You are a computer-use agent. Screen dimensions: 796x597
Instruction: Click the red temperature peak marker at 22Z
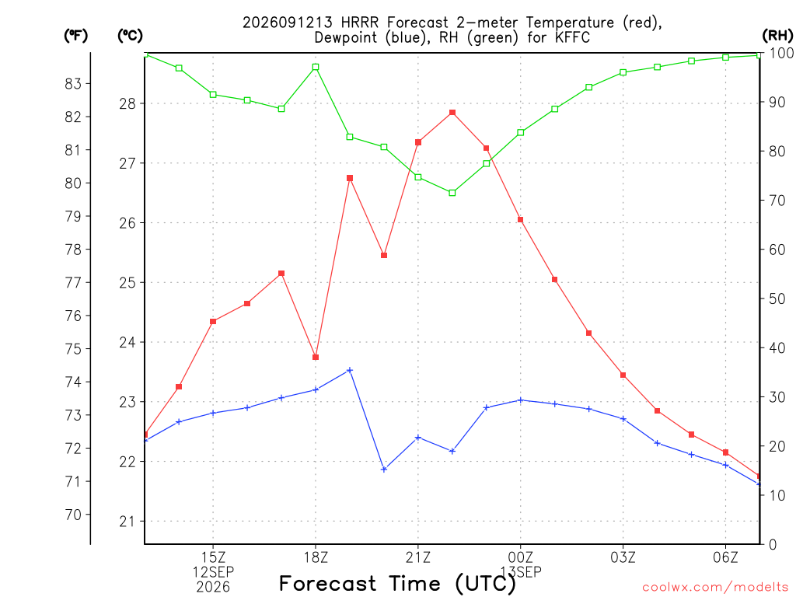(452, 113)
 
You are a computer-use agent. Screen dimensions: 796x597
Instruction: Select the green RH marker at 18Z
(316, 67)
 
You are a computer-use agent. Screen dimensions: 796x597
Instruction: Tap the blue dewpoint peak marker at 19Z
(350, 370)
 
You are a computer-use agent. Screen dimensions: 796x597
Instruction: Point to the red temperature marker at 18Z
(316, 358)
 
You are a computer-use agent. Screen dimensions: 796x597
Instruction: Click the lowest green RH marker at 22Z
(452, 193)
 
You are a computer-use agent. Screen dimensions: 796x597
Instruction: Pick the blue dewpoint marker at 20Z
(384, 470)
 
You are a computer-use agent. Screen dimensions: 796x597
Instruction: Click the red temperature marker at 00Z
(520, 220)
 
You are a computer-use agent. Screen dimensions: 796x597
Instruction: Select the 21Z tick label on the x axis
(417, 557)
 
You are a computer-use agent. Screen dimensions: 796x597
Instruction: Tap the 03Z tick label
(623, 557)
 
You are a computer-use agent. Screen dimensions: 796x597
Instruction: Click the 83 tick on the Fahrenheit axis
(73, 83)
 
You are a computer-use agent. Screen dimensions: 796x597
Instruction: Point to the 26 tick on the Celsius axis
(128, 223)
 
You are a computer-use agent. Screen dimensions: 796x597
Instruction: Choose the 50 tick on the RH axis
(777, 299)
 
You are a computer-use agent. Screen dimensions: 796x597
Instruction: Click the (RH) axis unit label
(777, 35)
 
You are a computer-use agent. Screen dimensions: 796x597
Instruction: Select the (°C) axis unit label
(130, 35)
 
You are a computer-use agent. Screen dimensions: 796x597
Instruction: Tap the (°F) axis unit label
(75, 35)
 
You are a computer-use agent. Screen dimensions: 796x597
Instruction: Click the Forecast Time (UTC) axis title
(397, 584)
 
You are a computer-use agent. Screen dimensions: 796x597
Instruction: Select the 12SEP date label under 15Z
(213, 572)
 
